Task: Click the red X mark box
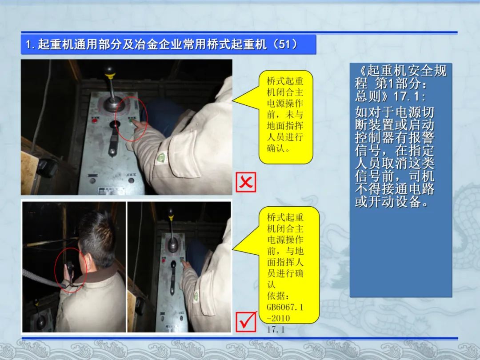pos(246,183)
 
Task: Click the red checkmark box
pos(246,322)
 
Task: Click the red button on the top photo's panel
pos(95,120)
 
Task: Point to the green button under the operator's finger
pos(132,120)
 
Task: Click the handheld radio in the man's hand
pos(70,268)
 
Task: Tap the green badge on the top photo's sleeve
pos(160,158)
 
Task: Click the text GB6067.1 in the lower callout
pos(285,307)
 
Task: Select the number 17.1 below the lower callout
pos(276,329)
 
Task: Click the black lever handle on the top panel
pos(115,124)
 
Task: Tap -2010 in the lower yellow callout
pos(278,318)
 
